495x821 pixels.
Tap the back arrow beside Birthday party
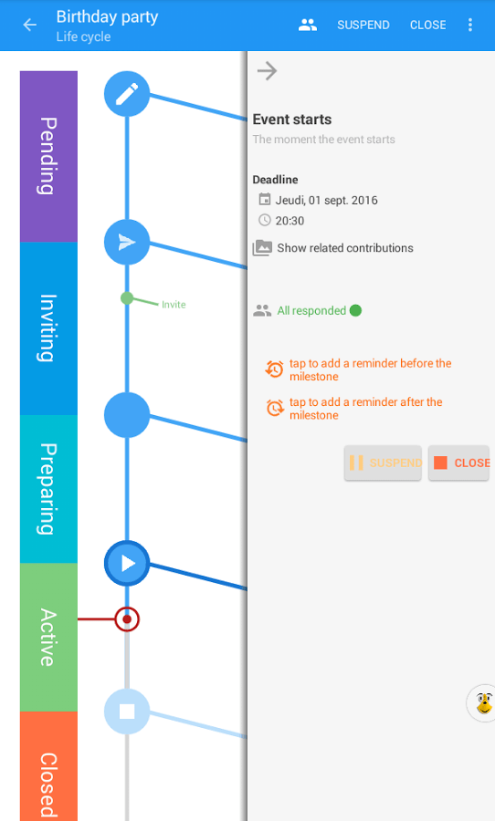click(30, 25)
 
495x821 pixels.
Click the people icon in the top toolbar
click(308, 25)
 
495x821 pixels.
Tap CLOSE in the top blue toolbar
click(428, 25)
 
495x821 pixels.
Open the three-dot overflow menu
click(469, 25)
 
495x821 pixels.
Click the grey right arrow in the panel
click(267, 70)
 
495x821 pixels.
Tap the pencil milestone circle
click(127, 94)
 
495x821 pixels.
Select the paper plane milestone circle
click(127, 242)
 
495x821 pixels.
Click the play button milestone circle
click(127, 564)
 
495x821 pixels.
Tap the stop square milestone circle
click(127, 712)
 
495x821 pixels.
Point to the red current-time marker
click(127, 619)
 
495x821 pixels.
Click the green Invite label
click(174, 305)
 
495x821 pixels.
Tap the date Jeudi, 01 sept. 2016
click(327, 200)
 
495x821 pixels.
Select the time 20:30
click(290, 221)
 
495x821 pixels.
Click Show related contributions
click(345, 248)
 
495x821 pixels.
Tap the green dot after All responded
click(355, 310)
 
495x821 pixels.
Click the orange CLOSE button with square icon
click(458, 462)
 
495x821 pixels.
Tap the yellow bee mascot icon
click(483, 703)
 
